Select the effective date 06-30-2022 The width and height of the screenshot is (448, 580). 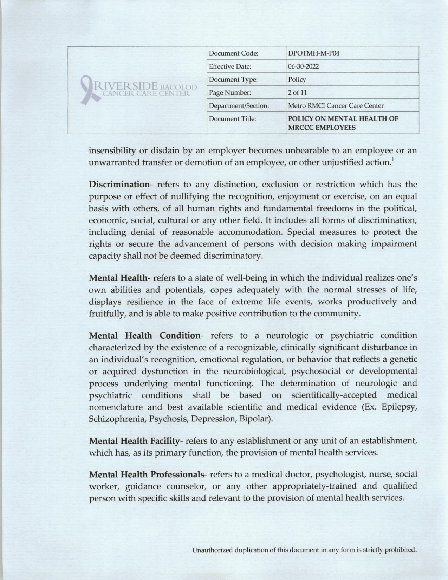304,66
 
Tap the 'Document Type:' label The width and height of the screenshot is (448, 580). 233,79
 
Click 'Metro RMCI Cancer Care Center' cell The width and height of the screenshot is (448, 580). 336,105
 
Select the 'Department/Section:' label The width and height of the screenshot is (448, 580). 239,105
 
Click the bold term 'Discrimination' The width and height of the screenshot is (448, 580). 119,184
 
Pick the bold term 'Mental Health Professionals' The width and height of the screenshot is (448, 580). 146,475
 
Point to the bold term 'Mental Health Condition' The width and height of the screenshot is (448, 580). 144,335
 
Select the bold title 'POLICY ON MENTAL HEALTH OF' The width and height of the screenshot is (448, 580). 343,119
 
